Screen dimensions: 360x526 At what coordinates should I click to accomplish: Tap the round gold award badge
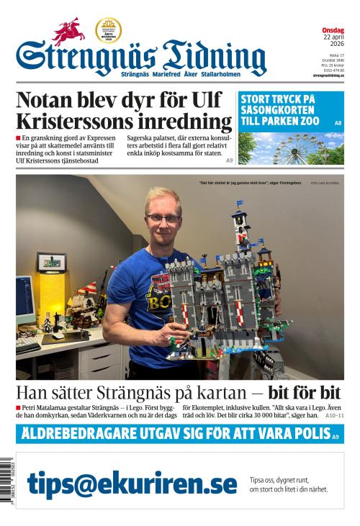click(108, 30)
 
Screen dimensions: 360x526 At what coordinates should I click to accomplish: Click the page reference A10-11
click(334, 415)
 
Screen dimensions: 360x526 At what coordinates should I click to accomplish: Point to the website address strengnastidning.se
click(328, 76)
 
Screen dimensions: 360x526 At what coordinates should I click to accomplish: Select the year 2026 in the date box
click(336, 45)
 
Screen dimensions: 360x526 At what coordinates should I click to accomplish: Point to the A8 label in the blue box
click(338, 124)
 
